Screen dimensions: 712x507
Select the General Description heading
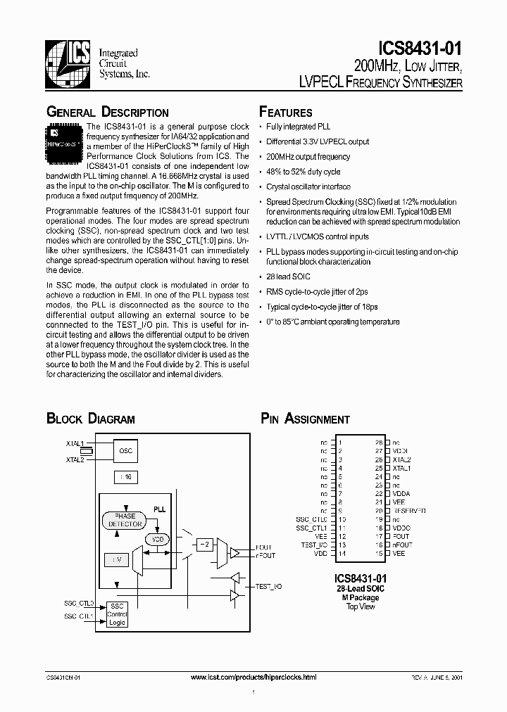pyautogui.click(x=107, y=113)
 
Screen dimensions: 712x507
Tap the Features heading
pyautogui.click(x=285, y=113)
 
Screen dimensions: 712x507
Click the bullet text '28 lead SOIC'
pyautogui.click(x=287, y=276)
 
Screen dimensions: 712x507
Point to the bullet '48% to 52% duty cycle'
pyautogui.click(x=303, y=172)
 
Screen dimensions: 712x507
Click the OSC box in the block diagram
pyautogui.click(x=125, y=450)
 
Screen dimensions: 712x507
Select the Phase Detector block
pyautogui.click(x=125, y=521)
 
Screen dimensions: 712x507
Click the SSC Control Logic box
pyautogui.click(x=117, y=614)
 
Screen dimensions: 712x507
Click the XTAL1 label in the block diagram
pyautogui.click(x=74, y=445)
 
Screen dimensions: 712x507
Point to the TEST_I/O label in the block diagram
pyautogui.click(x=268, y=585)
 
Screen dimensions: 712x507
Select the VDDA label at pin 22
pyautogui.click(x=401, y=493)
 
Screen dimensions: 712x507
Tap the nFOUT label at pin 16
pyautogui.click(x=402, y=545)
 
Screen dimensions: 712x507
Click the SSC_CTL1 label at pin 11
pyautogui.click(x=311, y=528)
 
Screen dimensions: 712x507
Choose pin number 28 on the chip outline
pyautogui.click(x=378, y=442)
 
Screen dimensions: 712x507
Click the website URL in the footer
pyautogui.click(x=254, y=677)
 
